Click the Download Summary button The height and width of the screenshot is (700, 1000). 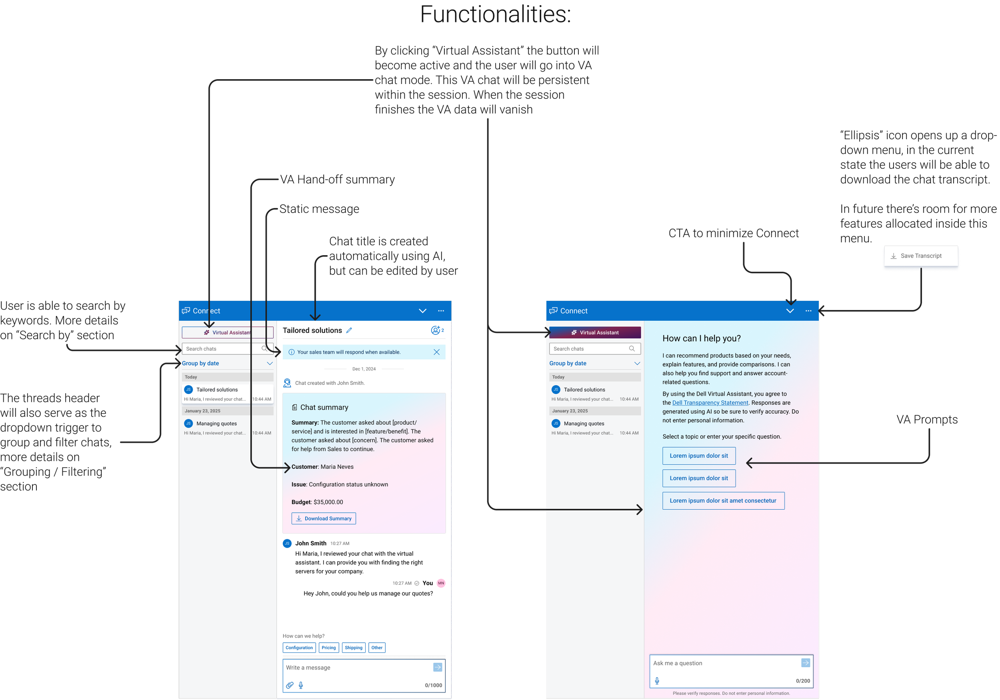click(324, 518)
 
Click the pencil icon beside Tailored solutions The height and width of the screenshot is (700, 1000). click(349, 331)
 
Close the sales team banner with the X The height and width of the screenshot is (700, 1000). click(436, 352)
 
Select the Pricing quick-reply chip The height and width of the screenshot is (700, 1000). click(328, 648)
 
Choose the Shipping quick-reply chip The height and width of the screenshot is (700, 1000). click(353, 648)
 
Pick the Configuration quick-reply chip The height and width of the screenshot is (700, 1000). click(299, 648)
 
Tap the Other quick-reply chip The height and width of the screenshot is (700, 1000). click(377, 648)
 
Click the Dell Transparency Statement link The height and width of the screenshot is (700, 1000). click(710, 403)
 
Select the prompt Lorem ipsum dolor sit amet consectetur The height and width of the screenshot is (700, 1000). click(723, 501)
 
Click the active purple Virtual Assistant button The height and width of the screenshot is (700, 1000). click(594, 333)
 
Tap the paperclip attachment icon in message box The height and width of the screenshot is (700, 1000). click(290, 685)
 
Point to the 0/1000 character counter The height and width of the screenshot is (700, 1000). click(433, 685)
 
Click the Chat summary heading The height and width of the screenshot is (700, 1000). click(324, 408)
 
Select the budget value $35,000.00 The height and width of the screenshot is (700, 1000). click(328, 502)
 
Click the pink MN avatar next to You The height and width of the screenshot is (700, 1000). click(441, 583)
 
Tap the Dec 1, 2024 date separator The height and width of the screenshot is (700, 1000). click(364, 369)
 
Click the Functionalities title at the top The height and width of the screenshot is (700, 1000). click(495, 15)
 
